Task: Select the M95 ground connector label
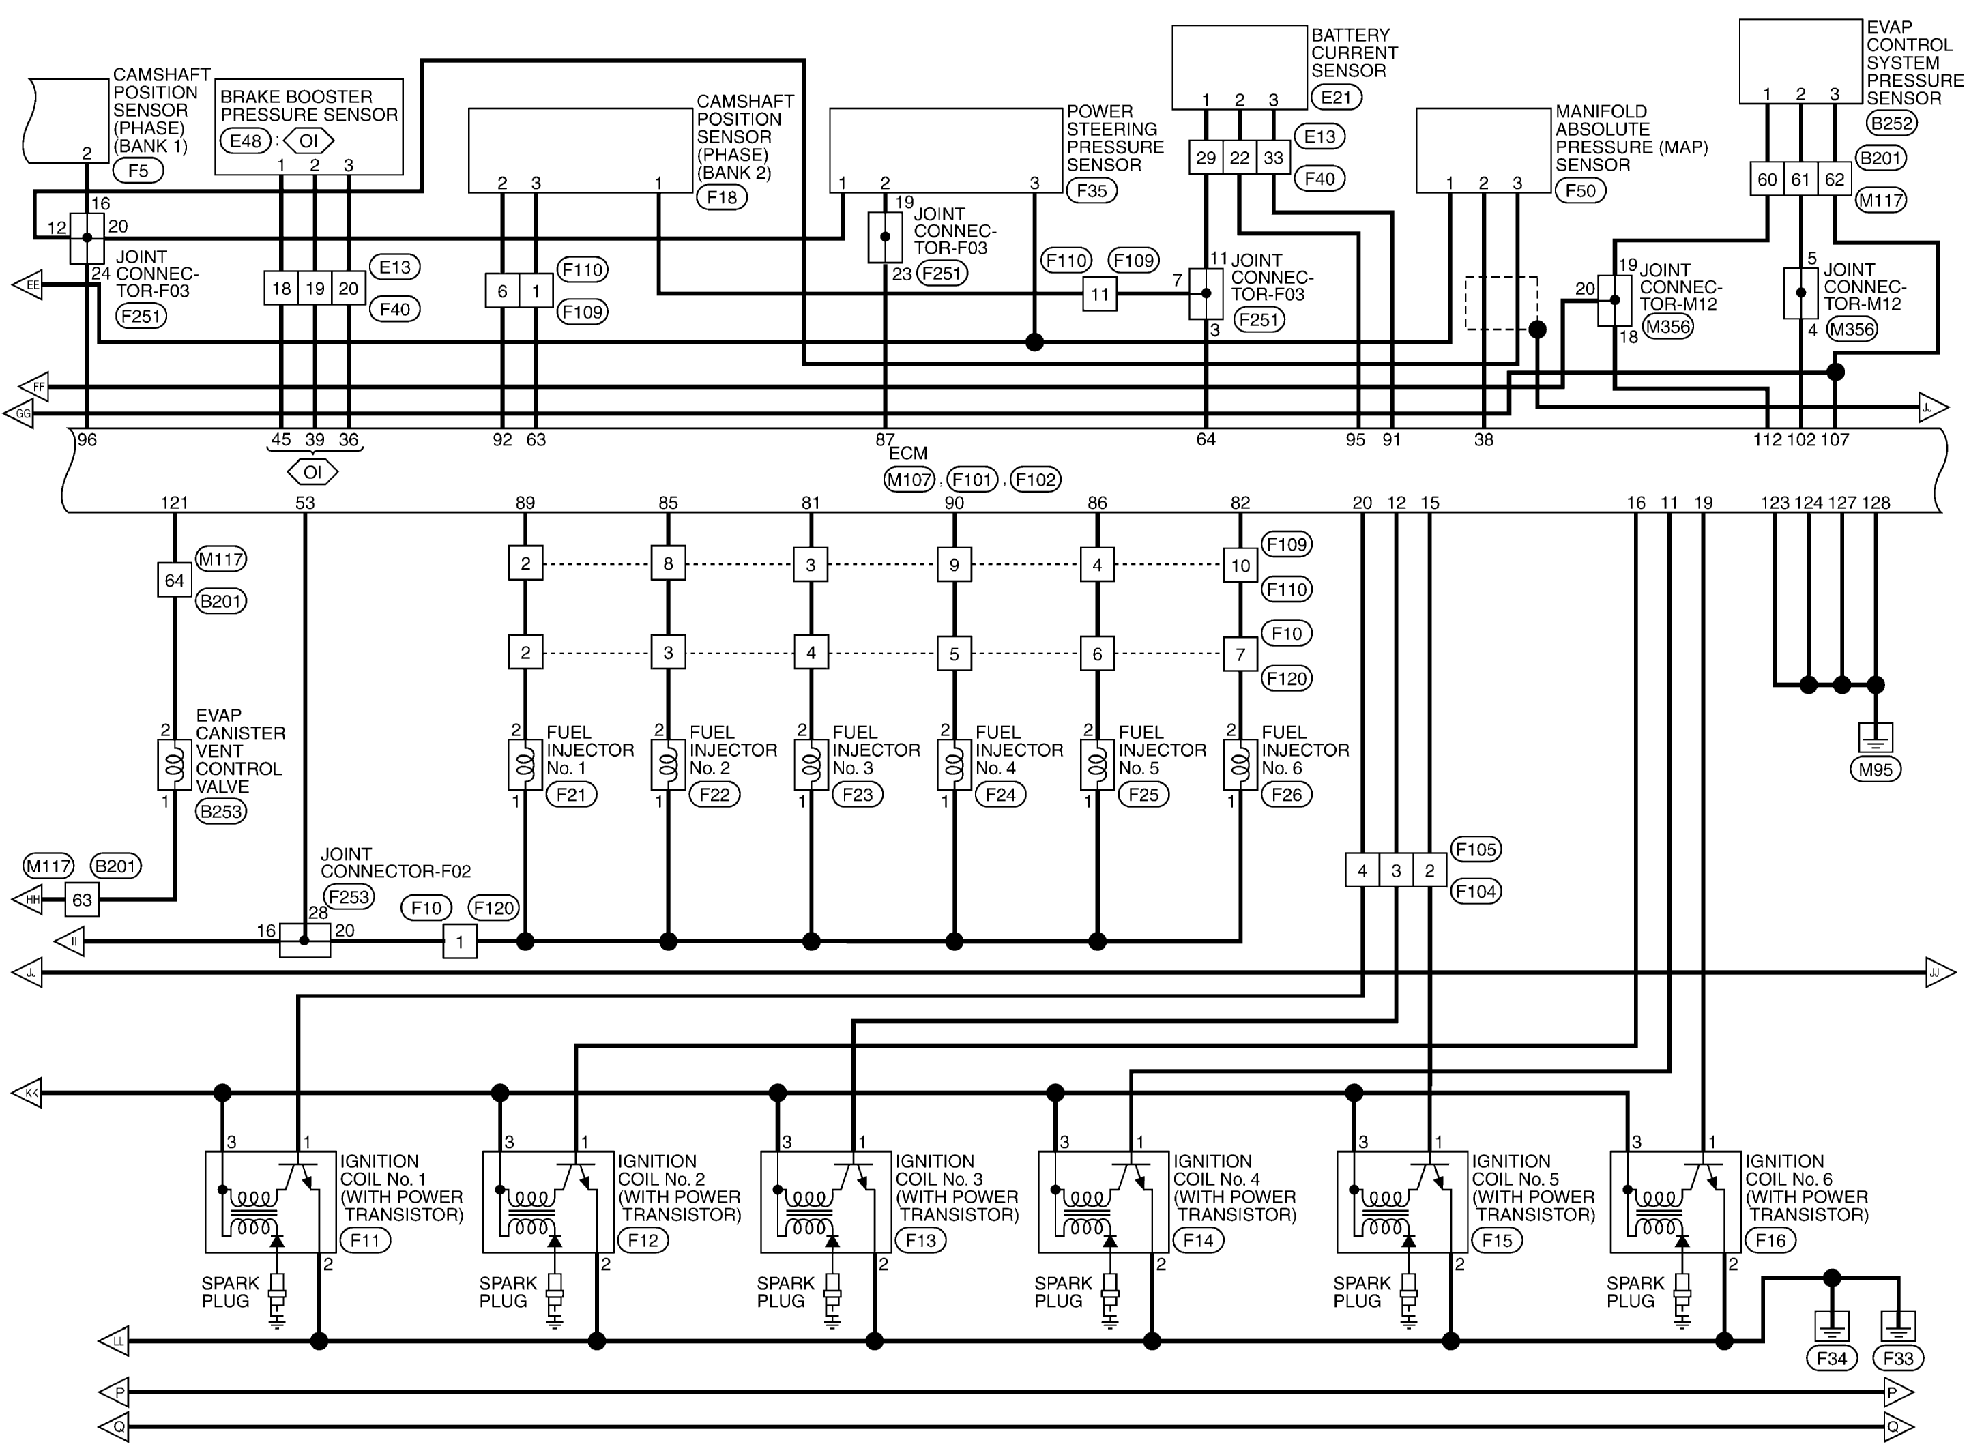point(1875,769)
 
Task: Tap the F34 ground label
point(1832,1359)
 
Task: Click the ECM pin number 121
point(174,503)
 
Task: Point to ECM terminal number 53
point(304,503)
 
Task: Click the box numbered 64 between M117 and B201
point(174,581)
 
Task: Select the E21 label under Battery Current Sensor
point(1336,97)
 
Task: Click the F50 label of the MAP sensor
point(1580,191)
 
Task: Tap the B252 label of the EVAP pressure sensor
point(1892,123)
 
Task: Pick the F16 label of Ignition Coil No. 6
point(1770,1240)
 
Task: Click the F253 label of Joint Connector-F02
point(348,896)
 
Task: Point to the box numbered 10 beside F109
point(1240,566)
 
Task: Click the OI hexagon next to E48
point(308,141)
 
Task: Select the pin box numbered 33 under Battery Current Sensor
point(1273,158)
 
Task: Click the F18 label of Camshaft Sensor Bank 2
point(722,197)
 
